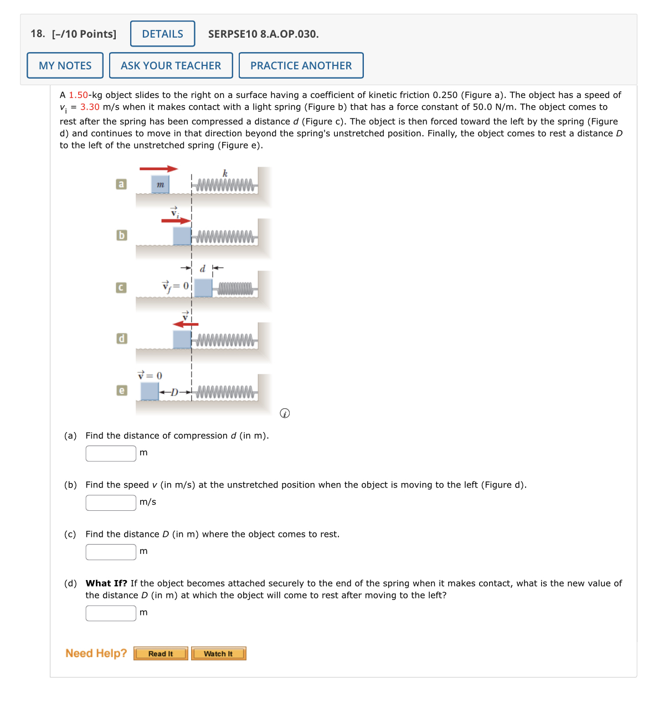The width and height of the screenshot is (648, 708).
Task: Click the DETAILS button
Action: click(162, 34)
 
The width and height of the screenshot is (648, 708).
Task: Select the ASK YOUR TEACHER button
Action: click(171, 65)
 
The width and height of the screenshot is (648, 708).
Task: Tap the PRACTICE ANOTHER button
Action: click(301, 65)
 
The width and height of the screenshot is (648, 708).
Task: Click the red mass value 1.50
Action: click(78, 95)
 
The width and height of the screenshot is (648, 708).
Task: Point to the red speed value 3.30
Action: click(90, 107)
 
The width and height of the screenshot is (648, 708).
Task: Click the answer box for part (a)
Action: click(111, 453)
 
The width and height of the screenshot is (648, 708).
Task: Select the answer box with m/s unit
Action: click(111, 502)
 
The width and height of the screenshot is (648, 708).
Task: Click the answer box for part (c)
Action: click(111, 552)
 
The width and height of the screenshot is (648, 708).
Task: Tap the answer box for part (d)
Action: click(111, 613)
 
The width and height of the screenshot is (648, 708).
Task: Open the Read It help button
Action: click(161, 654)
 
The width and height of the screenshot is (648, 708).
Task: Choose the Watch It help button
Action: click(218, 654)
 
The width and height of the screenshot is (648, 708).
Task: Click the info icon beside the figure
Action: click(285, 413)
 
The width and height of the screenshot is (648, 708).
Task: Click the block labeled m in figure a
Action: click(160, 184)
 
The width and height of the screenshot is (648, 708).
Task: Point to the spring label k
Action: click(225, 173)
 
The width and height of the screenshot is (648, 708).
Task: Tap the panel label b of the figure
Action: click(121, 235)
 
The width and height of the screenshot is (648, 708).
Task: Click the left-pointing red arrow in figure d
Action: click(185, 324)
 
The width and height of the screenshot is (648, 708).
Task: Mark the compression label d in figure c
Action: click(203, 269)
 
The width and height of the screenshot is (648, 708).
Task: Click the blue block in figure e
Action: click(150, 391)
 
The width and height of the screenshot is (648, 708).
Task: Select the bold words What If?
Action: click(106, 583)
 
